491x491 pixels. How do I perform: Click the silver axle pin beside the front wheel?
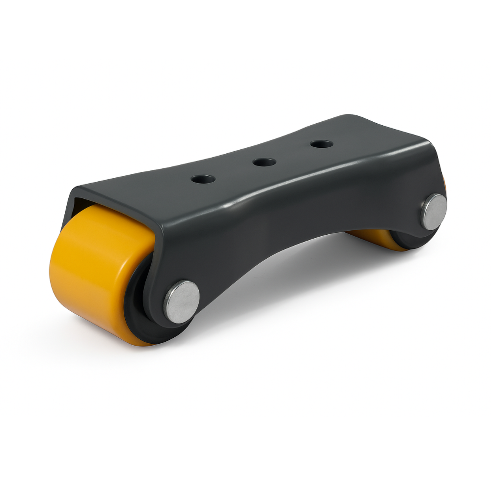point(182,301)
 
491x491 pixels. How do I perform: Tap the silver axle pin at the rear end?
point(434,211)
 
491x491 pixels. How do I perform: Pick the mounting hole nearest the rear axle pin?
point(321,144)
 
